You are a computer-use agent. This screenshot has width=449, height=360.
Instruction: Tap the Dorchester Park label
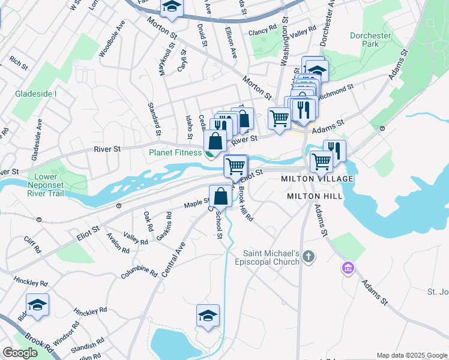click(370, 40)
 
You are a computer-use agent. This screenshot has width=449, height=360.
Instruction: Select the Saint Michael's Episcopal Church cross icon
click(309, 257)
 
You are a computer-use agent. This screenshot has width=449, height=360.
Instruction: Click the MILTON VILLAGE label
click(318, 179)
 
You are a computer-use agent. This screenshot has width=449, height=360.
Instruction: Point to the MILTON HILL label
click(315, 196)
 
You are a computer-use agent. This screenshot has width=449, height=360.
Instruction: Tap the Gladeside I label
click(36, 94)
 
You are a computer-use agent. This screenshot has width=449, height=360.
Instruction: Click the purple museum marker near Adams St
click(347, 267)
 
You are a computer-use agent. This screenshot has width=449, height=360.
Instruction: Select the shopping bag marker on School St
click(220, 197)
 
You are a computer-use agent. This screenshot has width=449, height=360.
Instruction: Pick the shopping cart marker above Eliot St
click(236, 166)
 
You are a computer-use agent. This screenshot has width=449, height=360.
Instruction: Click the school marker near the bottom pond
click(208, 316)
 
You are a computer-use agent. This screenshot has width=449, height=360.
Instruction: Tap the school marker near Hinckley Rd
click(37, 305)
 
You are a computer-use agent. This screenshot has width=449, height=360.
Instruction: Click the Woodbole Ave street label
click(112, 43)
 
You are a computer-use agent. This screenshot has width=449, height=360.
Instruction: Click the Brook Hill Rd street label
click(245, 203)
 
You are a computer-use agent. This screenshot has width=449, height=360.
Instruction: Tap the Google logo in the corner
click(20, 353)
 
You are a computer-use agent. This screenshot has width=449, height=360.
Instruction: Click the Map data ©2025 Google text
click(411, 355)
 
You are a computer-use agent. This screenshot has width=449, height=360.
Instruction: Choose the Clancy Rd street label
click(264, 28)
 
